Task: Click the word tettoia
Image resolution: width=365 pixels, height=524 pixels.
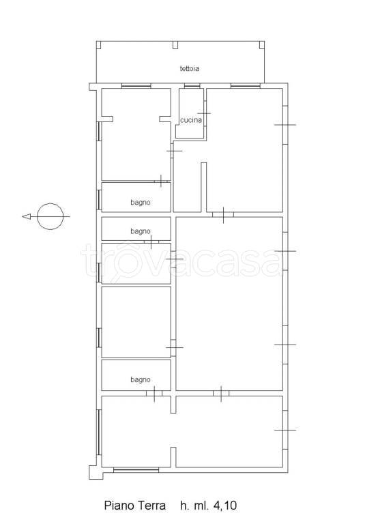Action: pyautogui.click(x=190, y=68)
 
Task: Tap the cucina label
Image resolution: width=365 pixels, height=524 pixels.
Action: pyautogui.click(x=191, y=120)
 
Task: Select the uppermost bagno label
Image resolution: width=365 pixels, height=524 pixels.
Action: pyautogui.click(x=141, y=203)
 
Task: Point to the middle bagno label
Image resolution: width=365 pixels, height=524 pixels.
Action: pyautogui.click(x=141, y=231)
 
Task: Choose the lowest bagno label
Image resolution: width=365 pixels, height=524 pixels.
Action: pyautogui.click(x=141, y=379)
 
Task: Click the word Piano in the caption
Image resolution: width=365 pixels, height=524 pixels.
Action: pyautogui.click(x=117, y=506)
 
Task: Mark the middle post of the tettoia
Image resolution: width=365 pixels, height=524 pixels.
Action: pyautogui.click(x=175, y=45)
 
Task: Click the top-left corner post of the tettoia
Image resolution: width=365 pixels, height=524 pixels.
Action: pyautogui.click(x=99, y=45)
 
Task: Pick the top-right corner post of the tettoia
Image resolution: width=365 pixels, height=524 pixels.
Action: pyautogui.click(x=262, y=45)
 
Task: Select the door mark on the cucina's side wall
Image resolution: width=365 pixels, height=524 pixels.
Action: pyautogui.click(x=204, y=114)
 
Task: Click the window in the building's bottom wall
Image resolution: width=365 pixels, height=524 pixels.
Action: pyautogui.click(x=136, y=470)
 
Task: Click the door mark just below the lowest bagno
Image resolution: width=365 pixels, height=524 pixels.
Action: pyautogui.click(x=154, y=394)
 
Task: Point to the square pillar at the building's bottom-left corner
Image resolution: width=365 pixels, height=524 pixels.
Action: pyautogui.click(x=95, y=473)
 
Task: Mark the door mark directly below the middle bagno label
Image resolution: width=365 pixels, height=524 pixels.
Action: pyautogui.click(x=151, y=242)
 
